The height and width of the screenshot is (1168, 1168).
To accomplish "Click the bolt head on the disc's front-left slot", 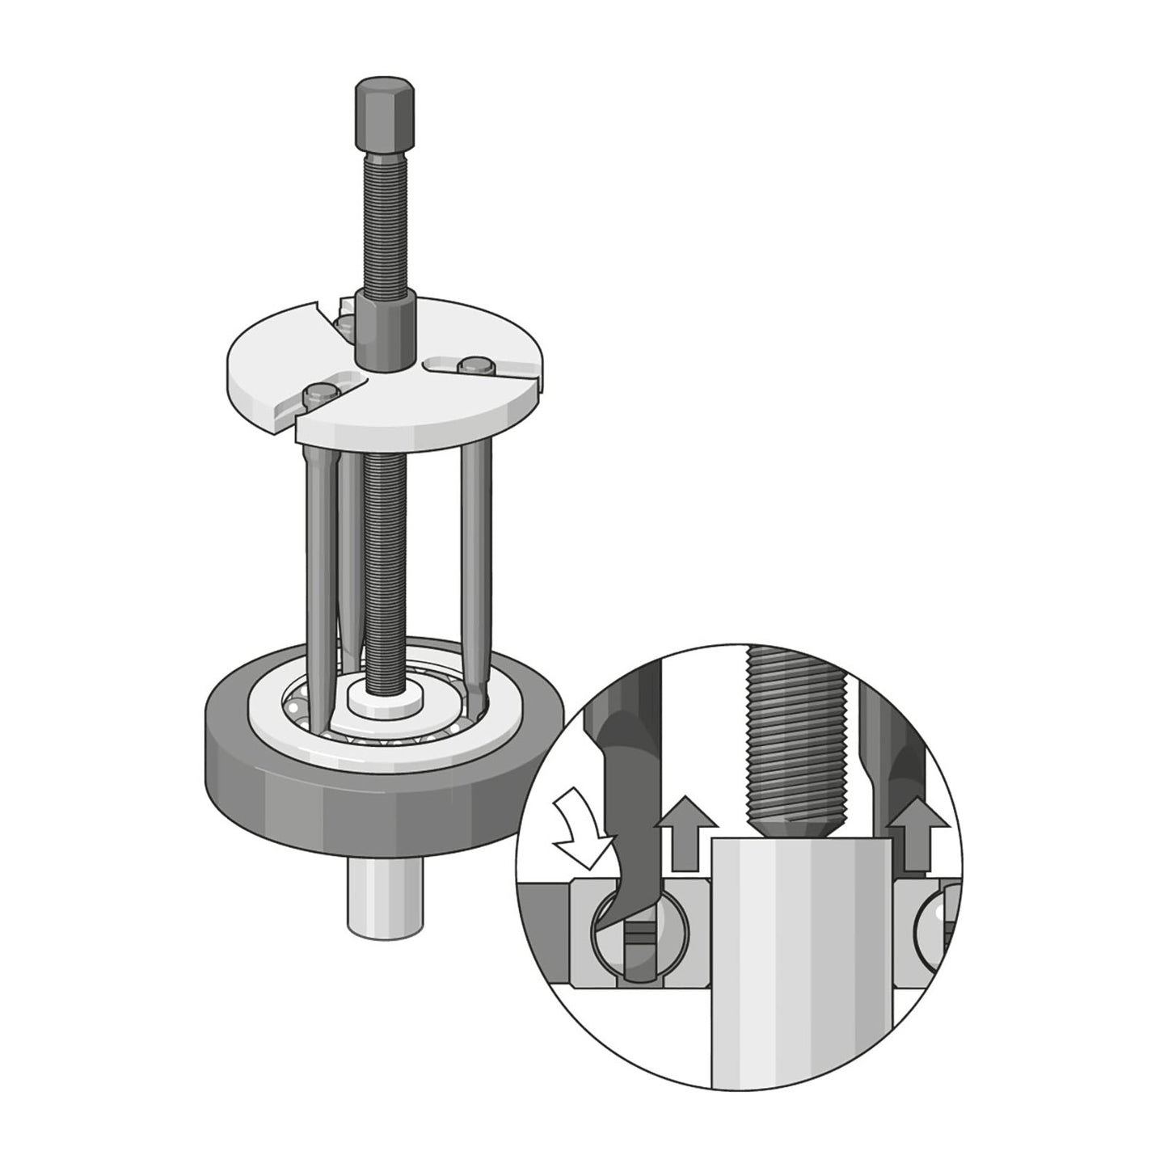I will point(318,395).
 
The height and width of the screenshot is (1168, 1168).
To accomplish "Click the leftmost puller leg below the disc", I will point(316,566).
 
